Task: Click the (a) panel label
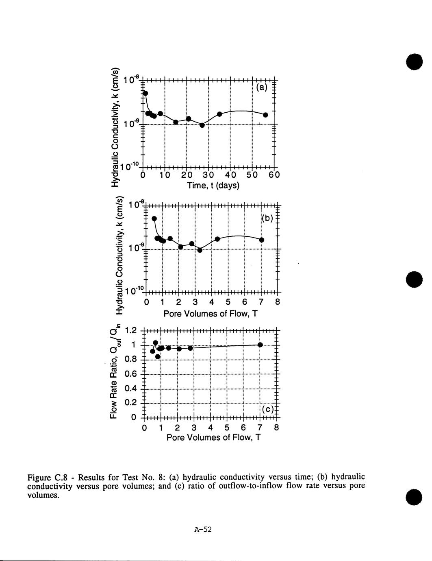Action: (x=262, y=87)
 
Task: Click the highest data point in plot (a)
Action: (x=145, y=93)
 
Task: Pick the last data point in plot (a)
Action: (x=265, y=115)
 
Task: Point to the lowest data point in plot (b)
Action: (x=200, y=250)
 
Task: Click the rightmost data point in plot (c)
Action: (x=260, y=345)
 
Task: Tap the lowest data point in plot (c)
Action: (x=158, y=356)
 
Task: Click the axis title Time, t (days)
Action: (x=213, y=186)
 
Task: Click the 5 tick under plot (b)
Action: (x=228, y=302)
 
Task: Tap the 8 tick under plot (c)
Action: (x=277, y=428)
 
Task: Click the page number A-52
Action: (x=203, y=529)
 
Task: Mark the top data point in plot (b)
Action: (x=154, y=218)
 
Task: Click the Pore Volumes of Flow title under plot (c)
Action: (x=213, y=438)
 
